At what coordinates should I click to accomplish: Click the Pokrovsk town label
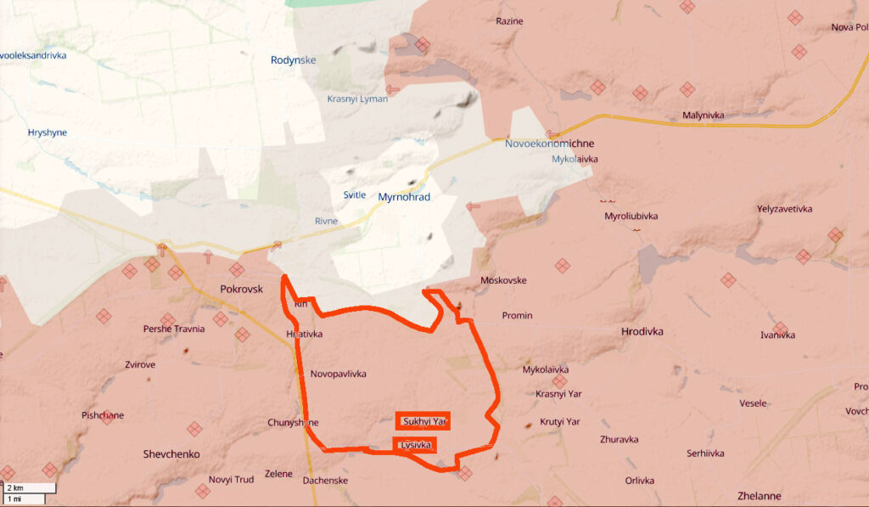(x=241, y=289)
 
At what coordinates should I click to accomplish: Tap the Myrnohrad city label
(x=405, y=197)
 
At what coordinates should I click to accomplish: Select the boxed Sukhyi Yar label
(x=423, y=421)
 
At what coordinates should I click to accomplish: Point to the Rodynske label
(x=293, y=60)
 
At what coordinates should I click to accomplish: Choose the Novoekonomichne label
(x=549, y=144)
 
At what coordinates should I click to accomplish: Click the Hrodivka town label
(x=642, y=331)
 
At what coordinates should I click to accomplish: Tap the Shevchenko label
(x=171, y=454)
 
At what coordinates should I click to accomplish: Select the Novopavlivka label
(x=339, y=374)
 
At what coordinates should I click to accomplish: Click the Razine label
(x=509, y=21)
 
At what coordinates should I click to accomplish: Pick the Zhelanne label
(x=759, y=496)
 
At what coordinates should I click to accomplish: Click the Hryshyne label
(x=47, y=132)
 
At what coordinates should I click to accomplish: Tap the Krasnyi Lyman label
(x=357, y=99)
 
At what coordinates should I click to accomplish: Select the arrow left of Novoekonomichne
(x=552, y=133)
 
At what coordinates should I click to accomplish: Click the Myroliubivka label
(x=631, y=217)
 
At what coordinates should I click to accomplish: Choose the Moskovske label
(x=503, y=280)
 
